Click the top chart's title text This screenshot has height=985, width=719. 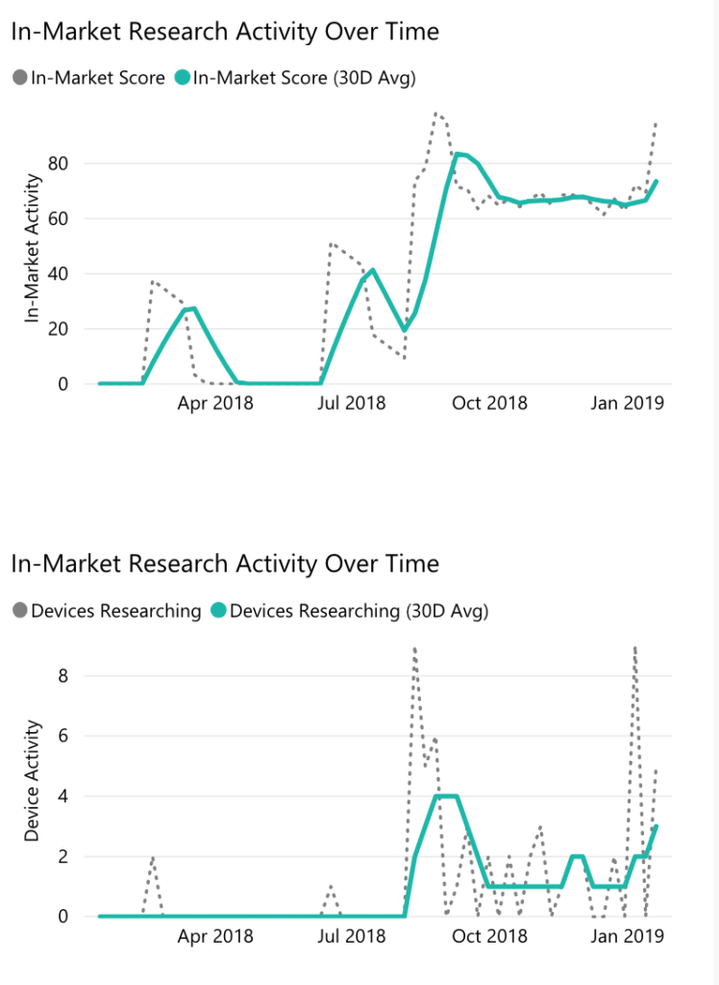click(x=225, y=32)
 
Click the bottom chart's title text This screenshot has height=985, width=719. click(x=225, y=563)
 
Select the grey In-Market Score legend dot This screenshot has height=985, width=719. click(x=20, y=78)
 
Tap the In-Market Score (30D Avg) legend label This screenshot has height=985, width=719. click(x=304, y=78)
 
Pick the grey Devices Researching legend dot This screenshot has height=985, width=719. click(x=20, y=610)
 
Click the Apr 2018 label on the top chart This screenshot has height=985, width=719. click(x=215, y=403)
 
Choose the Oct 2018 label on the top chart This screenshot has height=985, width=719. click(x=489, y=403)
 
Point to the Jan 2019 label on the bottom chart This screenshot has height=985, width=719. click(x=627, y=935)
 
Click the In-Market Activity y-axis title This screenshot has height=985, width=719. click(x=33, y=248)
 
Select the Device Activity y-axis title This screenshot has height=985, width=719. click(x=33, y=781)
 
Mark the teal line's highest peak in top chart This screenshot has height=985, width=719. click(x=459, y=154)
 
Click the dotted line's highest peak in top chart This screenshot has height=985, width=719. click(x=435, y=114)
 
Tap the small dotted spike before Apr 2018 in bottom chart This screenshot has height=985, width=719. click(x=153, y=858)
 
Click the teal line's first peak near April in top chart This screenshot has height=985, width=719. click(x=193, y=309)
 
